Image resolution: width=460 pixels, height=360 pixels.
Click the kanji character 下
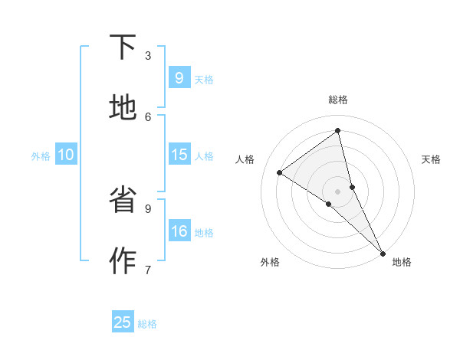tap(123, 47)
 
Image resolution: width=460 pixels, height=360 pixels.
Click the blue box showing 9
tap(179, 78)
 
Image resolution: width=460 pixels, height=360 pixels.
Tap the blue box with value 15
tap(179, 155)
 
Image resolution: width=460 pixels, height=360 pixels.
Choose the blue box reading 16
tap(179, 231)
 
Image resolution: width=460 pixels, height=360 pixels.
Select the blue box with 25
tap(123, 322)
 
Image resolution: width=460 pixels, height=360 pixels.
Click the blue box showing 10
tap(65, 155)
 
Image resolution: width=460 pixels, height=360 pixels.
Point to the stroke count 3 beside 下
tap(148, 56)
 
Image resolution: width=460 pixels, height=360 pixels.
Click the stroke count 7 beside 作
tap(148, 270)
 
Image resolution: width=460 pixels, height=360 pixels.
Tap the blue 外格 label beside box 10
tap(41, 156)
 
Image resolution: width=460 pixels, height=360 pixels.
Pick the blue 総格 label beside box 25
tap(147, 324)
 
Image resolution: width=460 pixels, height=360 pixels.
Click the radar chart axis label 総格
tap(338, 100)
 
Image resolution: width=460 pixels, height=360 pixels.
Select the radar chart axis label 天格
tap(431, 159)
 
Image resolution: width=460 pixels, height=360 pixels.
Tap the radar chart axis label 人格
tap(245, 159)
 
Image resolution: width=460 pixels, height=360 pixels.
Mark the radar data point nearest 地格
tap(383, 253)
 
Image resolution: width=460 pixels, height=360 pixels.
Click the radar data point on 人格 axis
tap(280, 172)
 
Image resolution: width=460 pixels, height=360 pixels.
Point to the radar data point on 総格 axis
tap(338, 131)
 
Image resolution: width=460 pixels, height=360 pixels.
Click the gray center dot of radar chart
tap(338, 191)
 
